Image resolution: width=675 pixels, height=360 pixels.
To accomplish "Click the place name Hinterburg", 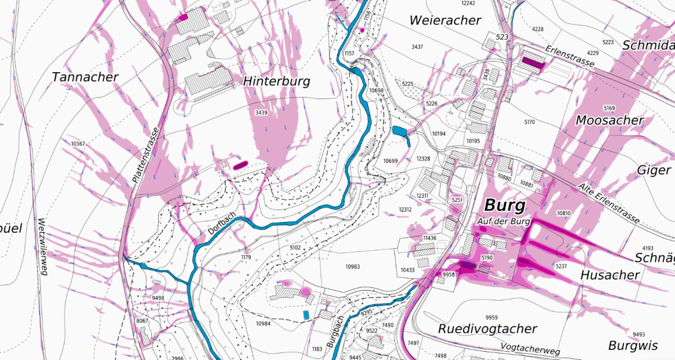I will (276, 81).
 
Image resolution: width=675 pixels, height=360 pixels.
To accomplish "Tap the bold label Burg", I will (504, 206).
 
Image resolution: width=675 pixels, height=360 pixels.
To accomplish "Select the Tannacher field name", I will (85, 77).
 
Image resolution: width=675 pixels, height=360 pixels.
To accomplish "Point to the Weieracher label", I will (445, 20).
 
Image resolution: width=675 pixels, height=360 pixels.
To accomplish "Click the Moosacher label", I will (609, 120).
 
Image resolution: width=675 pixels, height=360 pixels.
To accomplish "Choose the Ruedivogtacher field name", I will (487, 329).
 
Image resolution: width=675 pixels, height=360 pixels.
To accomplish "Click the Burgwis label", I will (633, 345).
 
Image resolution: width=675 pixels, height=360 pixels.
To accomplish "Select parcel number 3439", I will (261, 112).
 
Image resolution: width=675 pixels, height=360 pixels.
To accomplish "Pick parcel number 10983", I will (352, 267).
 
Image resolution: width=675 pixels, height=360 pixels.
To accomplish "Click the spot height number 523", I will (502, 37).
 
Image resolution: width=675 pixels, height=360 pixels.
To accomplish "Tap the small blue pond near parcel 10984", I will (306, 315).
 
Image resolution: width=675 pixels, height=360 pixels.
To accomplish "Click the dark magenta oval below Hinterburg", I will (240, 165).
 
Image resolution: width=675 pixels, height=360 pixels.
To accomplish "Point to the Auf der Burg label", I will (503, 222).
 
